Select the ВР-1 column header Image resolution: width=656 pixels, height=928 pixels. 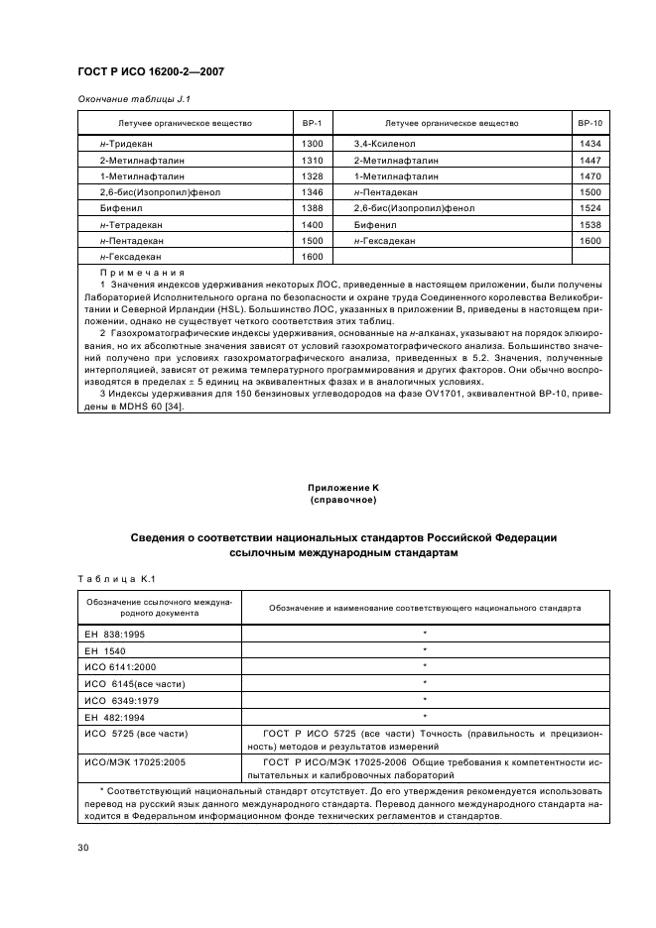pyautogui.click(x=312, y=124)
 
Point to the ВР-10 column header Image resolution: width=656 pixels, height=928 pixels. pyautogui.click(x=590, y=124)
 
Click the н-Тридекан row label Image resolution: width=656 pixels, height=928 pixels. pyautogui.click(x=122, y=144)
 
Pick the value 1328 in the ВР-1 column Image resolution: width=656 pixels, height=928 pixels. pyautogui.click(x=312, y=176)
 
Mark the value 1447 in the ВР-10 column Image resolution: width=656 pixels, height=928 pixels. pyautogui.click(x=590, y=160)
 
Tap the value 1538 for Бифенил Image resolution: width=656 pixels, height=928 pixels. pyautogui.click(x=590, y=225)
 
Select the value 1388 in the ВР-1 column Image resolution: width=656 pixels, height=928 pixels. pyautogui.click(x=312, y=208)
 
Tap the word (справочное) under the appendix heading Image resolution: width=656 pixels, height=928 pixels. pyautogui.click(x=343, y=502)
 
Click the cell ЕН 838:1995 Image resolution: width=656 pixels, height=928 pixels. pyautogui.click(x=116, y=632)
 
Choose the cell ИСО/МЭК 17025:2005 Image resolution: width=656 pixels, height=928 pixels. pyautogui.click(x=130, y=764)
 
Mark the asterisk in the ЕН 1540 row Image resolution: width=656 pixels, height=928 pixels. pyautogui.click(x=425, y=648)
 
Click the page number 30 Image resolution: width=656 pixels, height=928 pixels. pyautogui.click(x=84, y=847)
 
